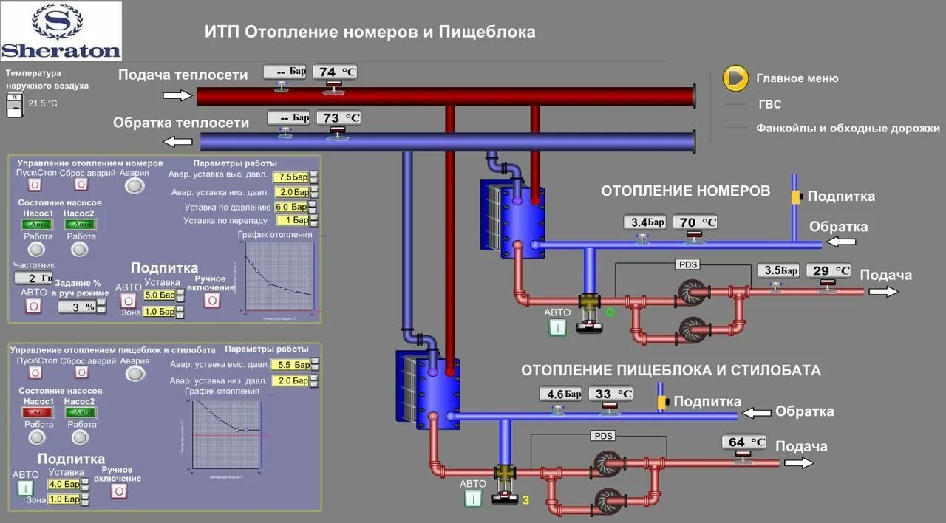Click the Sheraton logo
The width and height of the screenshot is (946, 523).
[x=61, y=31]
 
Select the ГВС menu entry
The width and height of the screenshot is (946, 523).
[x=769, y=105]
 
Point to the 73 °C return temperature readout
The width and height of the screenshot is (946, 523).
[x=338, y=117]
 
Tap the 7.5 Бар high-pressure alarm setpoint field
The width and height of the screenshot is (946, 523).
[x=290, y=177]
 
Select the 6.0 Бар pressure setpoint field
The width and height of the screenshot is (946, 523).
[x=290, y=207]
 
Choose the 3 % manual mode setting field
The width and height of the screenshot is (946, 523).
[x=77, y=306]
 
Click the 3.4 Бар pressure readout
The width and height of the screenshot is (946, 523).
[x=644, y=222]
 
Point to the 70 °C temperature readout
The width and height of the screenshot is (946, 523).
[x=695, y=222]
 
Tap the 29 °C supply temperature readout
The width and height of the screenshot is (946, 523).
[x=828, y=270]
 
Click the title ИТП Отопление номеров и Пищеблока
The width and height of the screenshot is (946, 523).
[x=370, y=33]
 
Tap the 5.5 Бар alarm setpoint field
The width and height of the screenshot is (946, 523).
[x=290, y=365]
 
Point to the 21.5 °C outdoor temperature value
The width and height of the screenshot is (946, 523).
[x=43, y=103]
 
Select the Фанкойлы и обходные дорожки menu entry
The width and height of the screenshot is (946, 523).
[x=848, y=128]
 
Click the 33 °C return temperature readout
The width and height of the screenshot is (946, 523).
[x=610, y=394]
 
